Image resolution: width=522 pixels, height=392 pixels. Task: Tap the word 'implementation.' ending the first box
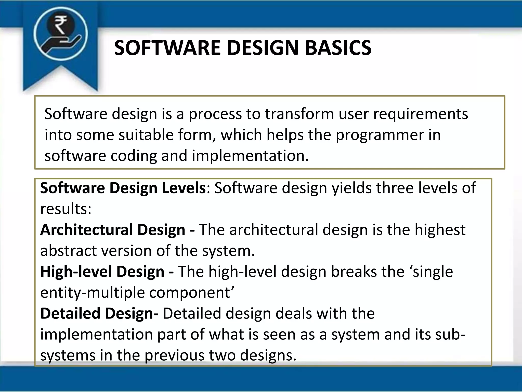[250, 156]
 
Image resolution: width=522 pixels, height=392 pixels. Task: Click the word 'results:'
[66, 209]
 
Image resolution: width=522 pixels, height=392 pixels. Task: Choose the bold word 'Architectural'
[87, 230]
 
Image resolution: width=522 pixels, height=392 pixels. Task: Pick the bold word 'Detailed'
[70, 313]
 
